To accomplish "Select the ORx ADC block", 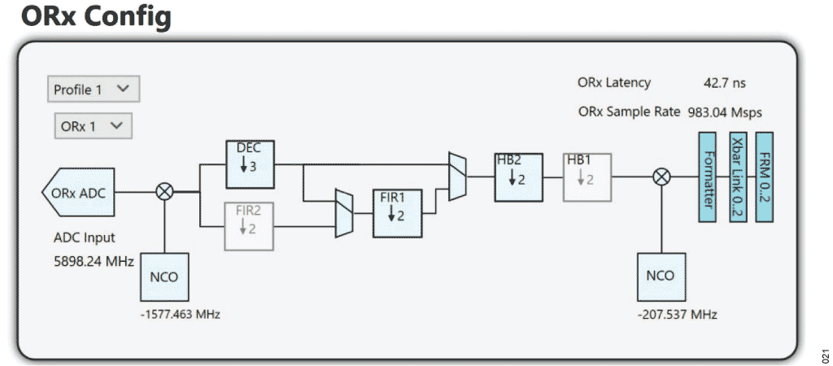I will tap(78, 193).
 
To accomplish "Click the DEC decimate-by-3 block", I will tap(250, 164).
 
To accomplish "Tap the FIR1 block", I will tap(396, 211).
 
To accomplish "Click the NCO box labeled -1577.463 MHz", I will tap(164, 276).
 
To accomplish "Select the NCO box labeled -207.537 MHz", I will tap(660, 276).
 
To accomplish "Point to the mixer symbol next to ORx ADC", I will tap(164, 192).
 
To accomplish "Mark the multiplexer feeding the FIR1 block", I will tap(345, 212).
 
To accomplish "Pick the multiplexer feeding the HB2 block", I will tap(458, 175).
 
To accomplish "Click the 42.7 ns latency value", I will tap(724, 83).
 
